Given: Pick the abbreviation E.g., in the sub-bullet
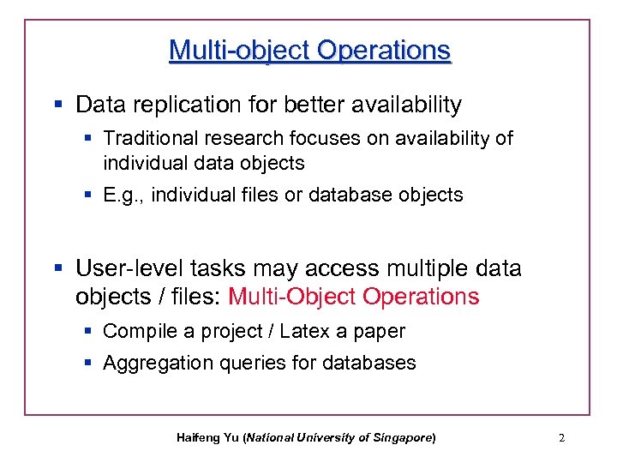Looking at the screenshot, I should tap(123, 195).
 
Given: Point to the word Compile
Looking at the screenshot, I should tap(138, 331).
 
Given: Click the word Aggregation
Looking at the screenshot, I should tap(152, 364).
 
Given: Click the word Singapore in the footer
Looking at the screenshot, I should tap(402, 438).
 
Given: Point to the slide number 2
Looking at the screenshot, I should tap(561, 438).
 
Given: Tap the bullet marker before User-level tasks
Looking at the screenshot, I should tap(58, 268).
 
